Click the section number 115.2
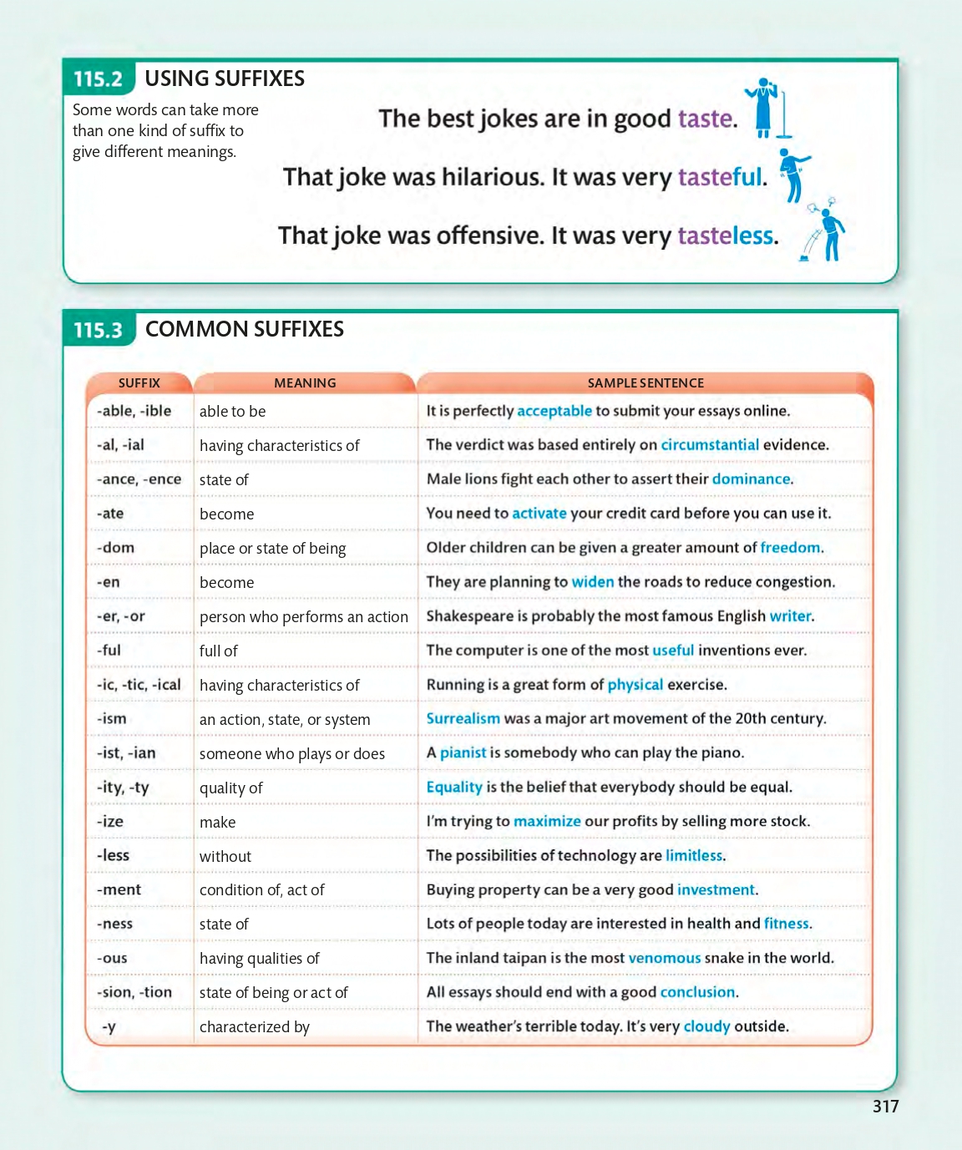pos(98,79)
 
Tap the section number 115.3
pos(98,330)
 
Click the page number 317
pos(885,1107)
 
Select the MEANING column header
pos(305,382)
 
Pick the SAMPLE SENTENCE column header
pos(646,382)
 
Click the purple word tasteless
pos(726,236)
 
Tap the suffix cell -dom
pos(115,548)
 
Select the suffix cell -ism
pos(112,719)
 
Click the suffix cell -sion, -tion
pos(134,992)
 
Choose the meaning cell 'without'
pos(225,856)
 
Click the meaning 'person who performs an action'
pos(304,617)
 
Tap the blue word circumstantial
pos(710,445)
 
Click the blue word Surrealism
pos(463,719)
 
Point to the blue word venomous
pos(664,958)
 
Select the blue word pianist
pos(463,753)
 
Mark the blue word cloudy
pos(706,1026)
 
